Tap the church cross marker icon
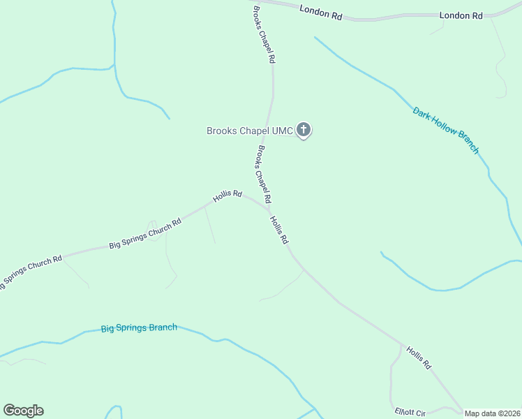[304, 129]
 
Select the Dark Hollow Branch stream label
[446, 130]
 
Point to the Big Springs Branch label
[139, 328]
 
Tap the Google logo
[23, 411]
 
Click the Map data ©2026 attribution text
[492, 413]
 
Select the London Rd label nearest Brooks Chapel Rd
[320, 12]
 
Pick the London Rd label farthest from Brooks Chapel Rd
[461, 15]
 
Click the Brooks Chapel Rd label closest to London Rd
[263, 35]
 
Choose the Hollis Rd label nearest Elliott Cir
[419, 358]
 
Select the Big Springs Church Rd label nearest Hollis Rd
[145, 233]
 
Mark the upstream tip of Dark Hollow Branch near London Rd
[315, 37]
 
